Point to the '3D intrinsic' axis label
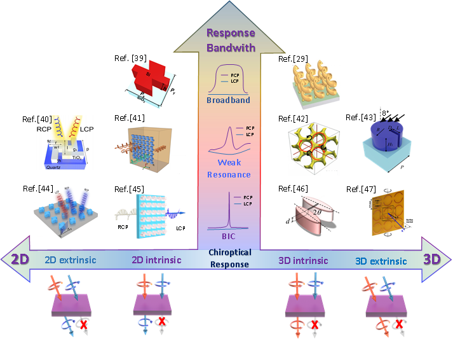pyautogui.click(x=303, y=260)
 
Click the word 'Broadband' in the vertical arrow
pyautogui.click(x=228, y=100)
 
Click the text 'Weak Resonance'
pyautogui.click(x=229, y=169)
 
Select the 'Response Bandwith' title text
pyautogui.click(x=231, y=40)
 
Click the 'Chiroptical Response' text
pyautogui.click(x=229, y=258)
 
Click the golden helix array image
pyautogui.click(x=313, y=83)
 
